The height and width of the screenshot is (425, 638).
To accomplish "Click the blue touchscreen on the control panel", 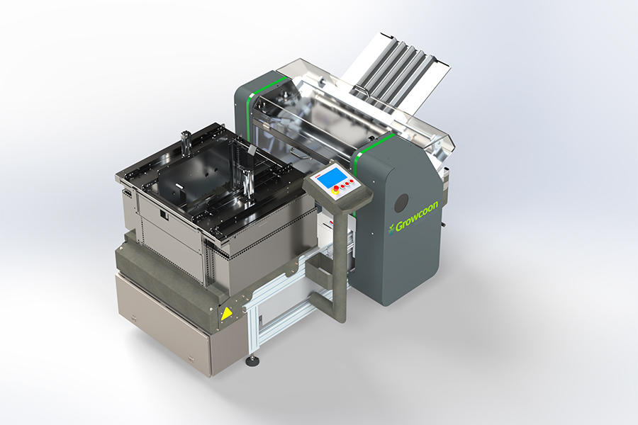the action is coord(332,178).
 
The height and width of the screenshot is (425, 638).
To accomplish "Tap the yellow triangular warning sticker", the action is coord(226,313).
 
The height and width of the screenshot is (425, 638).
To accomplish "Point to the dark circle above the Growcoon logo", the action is coord(401,203).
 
